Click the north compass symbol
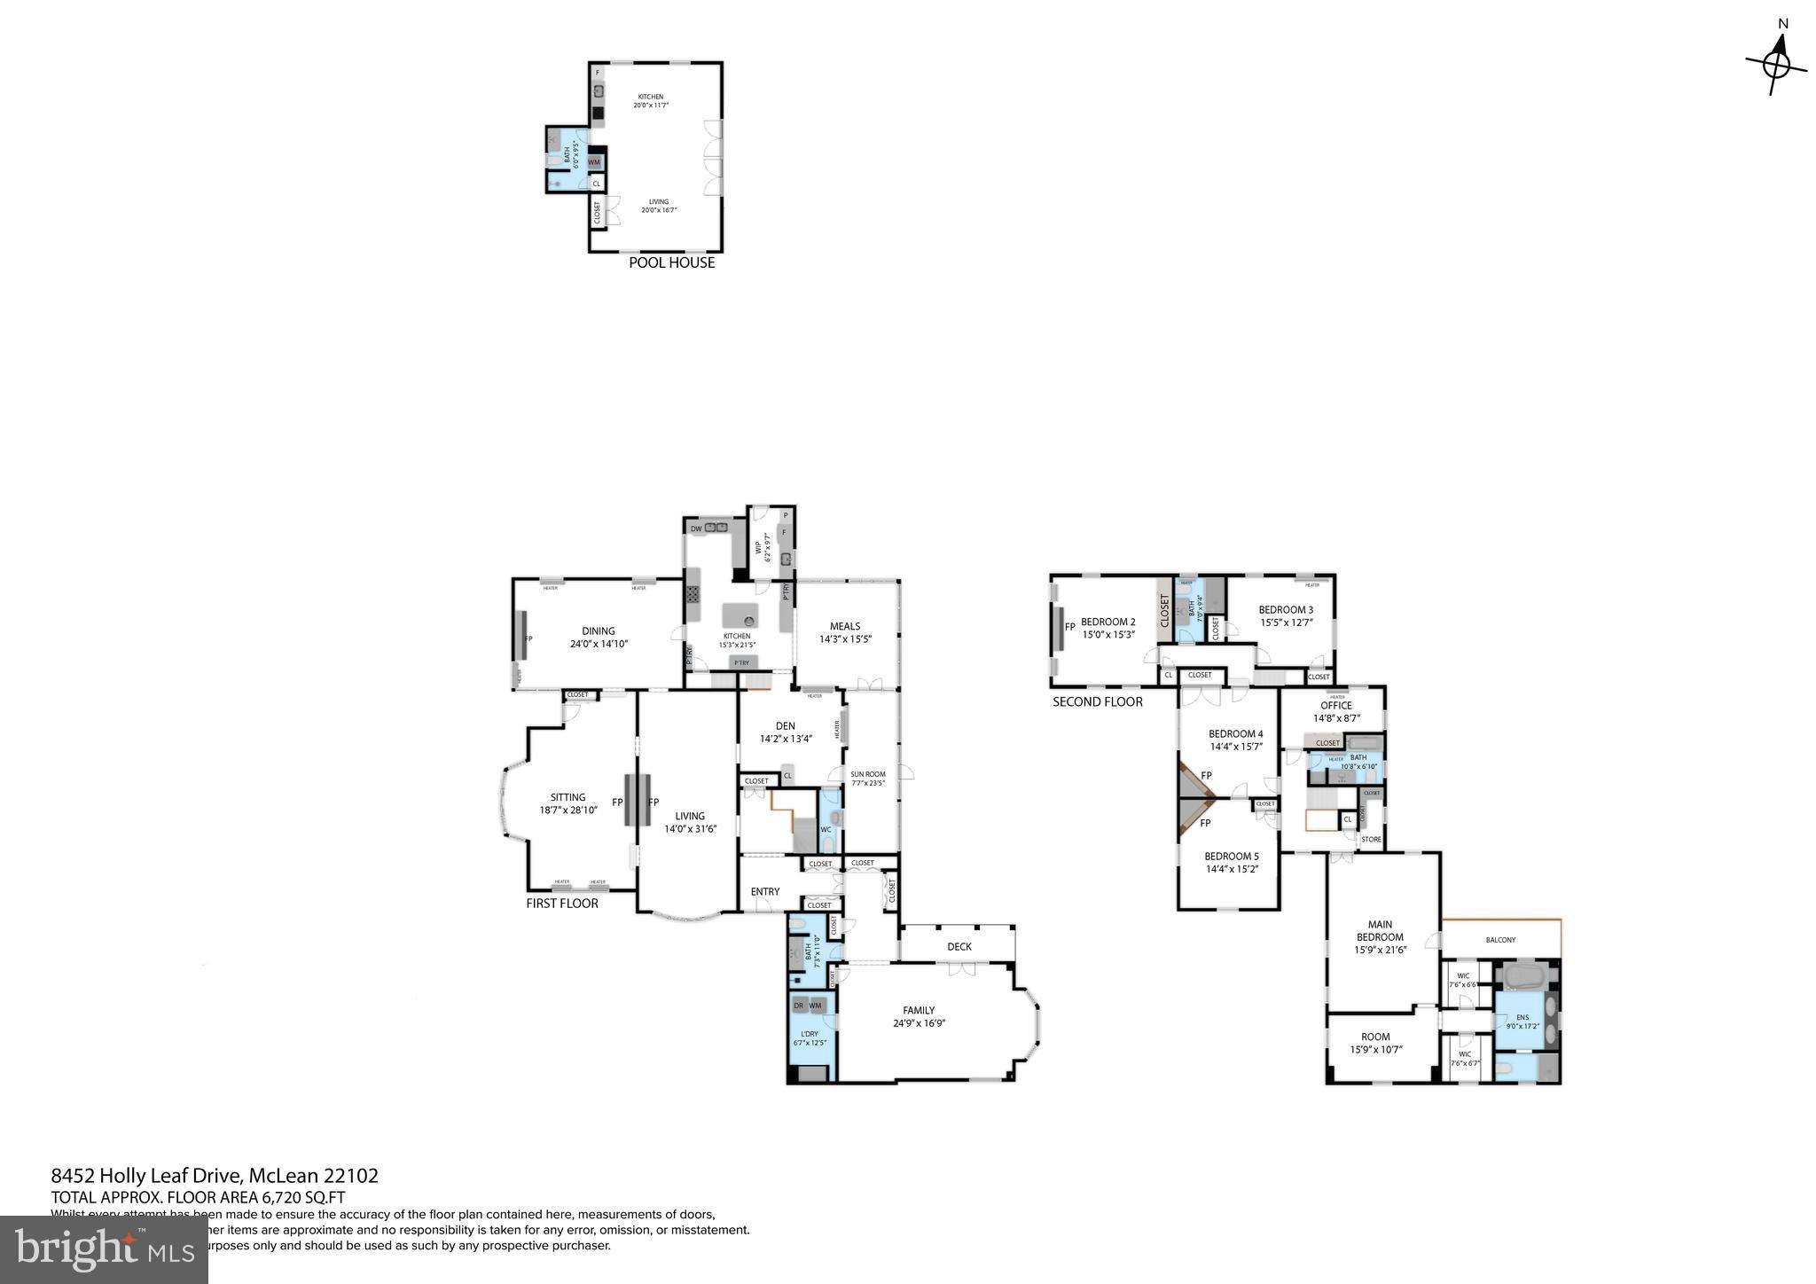point(1776,65)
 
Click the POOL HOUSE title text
point(671,262)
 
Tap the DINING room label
point(599,631)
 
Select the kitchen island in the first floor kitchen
point(740,615)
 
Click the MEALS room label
point(845,626)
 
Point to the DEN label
point(785,725)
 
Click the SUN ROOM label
point(868,774)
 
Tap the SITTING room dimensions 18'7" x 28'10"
point(568,810)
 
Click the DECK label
point(959,946)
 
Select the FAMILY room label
point(919,1010)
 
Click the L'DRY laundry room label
point(809,1034)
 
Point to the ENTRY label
point(765,891)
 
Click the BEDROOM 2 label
point(1108,622)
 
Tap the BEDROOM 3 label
point(1285,609)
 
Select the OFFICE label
point(1335,706)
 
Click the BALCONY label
point(1500,940)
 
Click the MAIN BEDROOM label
point(1380,931)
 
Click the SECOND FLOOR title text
point(1097,701)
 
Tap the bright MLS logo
point(104,1249)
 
